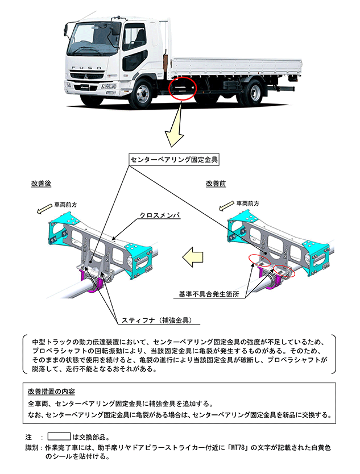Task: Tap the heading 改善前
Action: coord(217,184)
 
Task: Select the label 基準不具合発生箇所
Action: coord(208,296)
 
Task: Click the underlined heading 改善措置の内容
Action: coord(51,392)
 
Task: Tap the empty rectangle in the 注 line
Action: coord(58,437)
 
